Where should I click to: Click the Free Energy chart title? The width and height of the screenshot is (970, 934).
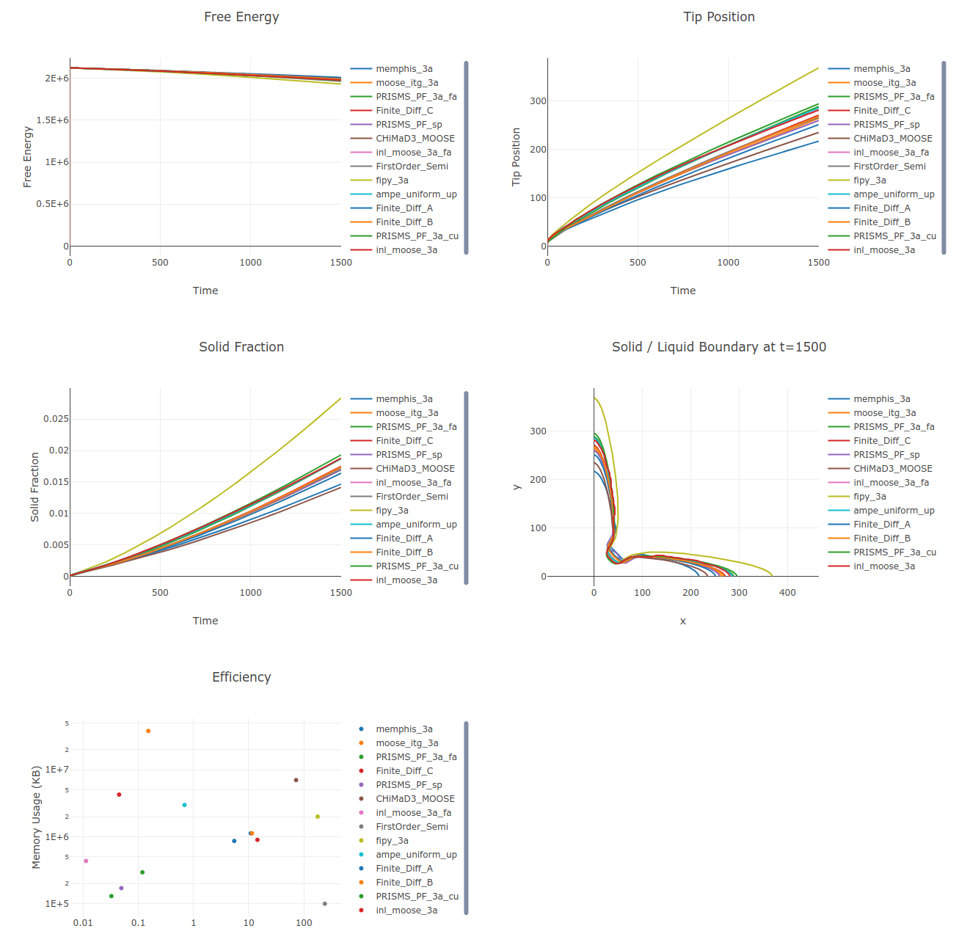pyautogui.click(x=241, y=17)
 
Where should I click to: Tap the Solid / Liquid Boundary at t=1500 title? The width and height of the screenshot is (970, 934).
pyautogui.click(x=718, y=347)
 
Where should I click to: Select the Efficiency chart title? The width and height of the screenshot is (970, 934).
pyautogui.click(x=241, y=677)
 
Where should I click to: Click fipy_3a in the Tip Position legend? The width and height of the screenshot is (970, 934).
pyautogui.click(x=869, y=180)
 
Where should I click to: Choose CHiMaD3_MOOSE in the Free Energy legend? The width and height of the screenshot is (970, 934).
pyautogui.click(x=415, y=139)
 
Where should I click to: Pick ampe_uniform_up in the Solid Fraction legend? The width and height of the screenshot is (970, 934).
pyautogui.click(x=416, y=525)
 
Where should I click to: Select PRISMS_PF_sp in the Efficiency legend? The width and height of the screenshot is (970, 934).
pyautogui.click(x=409, y=785)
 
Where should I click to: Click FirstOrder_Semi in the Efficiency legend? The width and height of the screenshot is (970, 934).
pyautogui.click(x=412, y=827)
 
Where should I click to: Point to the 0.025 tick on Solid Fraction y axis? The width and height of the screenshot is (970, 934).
pyautogui.click(x=56, y=419)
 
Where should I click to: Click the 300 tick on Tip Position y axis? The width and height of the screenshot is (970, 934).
pyautogui.click(x=538, y=101)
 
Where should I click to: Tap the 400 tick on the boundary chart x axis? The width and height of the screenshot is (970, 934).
pyautogui.click(x=787, y=593)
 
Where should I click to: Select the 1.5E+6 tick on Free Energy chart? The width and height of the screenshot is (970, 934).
pyautogui.click(x=53, y=120)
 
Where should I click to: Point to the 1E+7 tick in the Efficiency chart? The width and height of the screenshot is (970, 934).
pyautogui.click(x=56, y=770)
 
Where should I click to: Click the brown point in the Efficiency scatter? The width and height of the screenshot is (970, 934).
pyautogui.click(x=296, y=780)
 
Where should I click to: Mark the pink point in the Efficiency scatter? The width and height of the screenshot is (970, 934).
pyautogui.click(x=86, y=861)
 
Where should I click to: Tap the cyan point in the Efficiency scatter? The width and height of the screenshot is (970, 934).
pyautogui.click(x=184, y=805)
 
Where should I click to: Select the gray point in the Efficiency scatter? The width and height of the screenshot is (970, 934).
pyautogui.click(x=324, y=904)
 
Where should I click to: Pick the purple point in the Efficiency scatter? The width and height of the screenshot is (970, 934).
pyautogui.click(x=121, y=888)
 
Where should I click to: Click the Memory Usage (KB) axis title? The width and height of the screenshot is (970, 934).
pyautogui.click(x=36, y=817)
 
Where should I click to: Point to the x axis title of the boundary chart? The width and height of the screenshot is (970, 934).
pyautogui.click(x=682, y=621)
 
